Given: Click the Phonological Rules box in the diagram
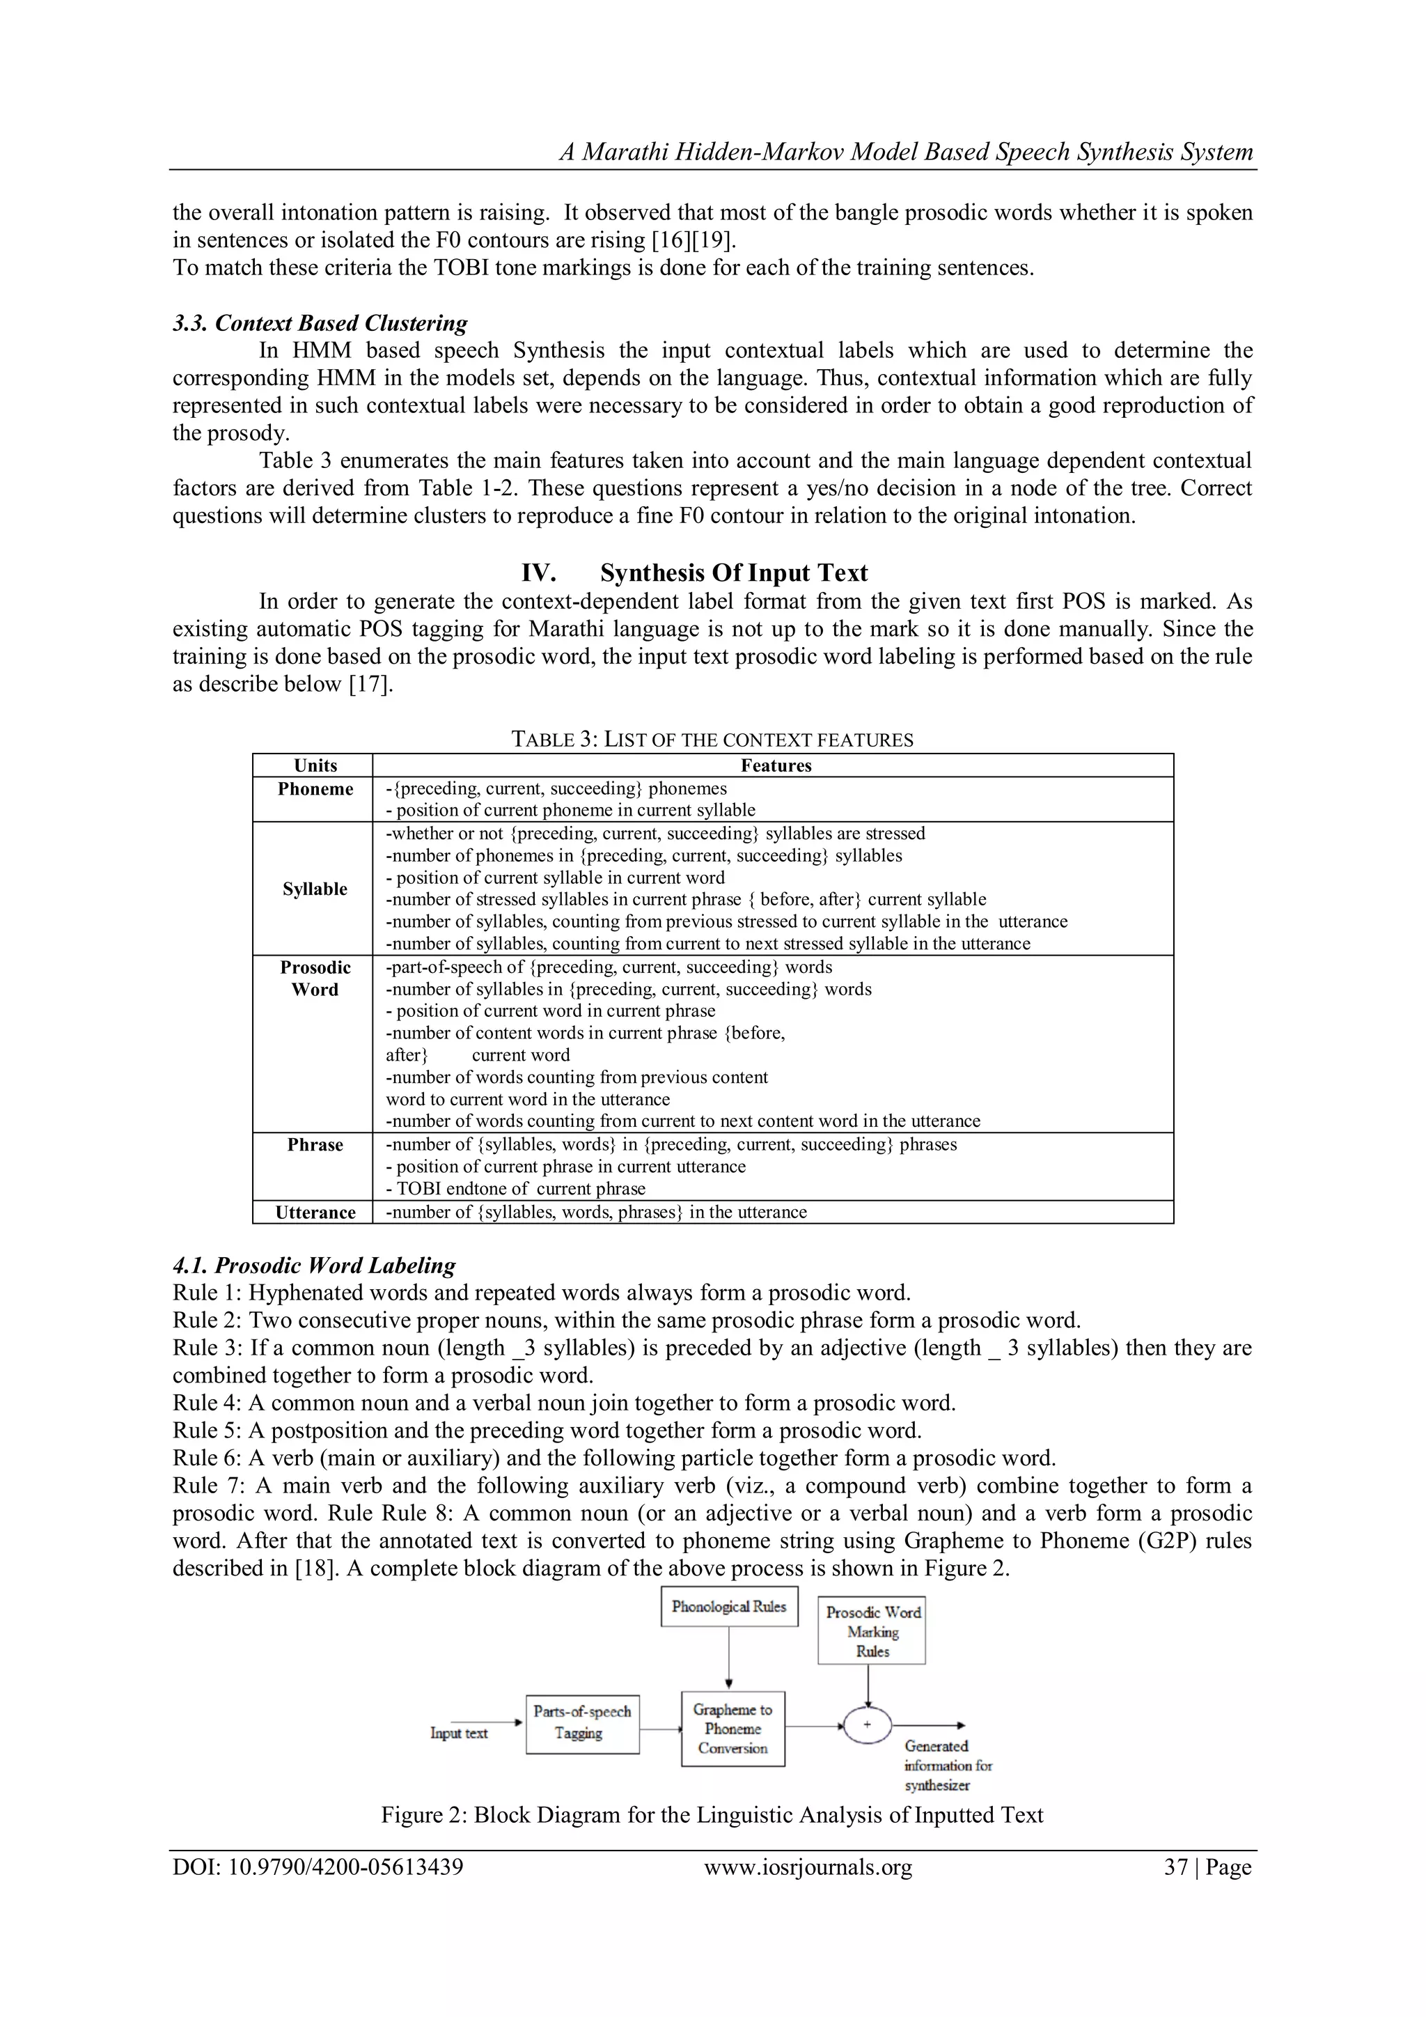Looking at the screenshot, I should tap(729, 1607).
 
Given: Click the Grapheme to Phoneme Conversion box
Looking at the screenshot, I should tap(732, 1729).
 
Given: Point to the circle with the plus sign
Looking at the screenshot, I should tap(868, 1724).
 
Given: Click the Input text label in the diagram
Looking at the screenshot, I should tap(458, 1734).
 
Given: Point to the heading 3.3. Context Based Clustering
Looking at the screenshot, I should tap(320, 323).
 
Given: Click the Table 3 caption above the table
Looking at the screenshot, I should tap(712, 740).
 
